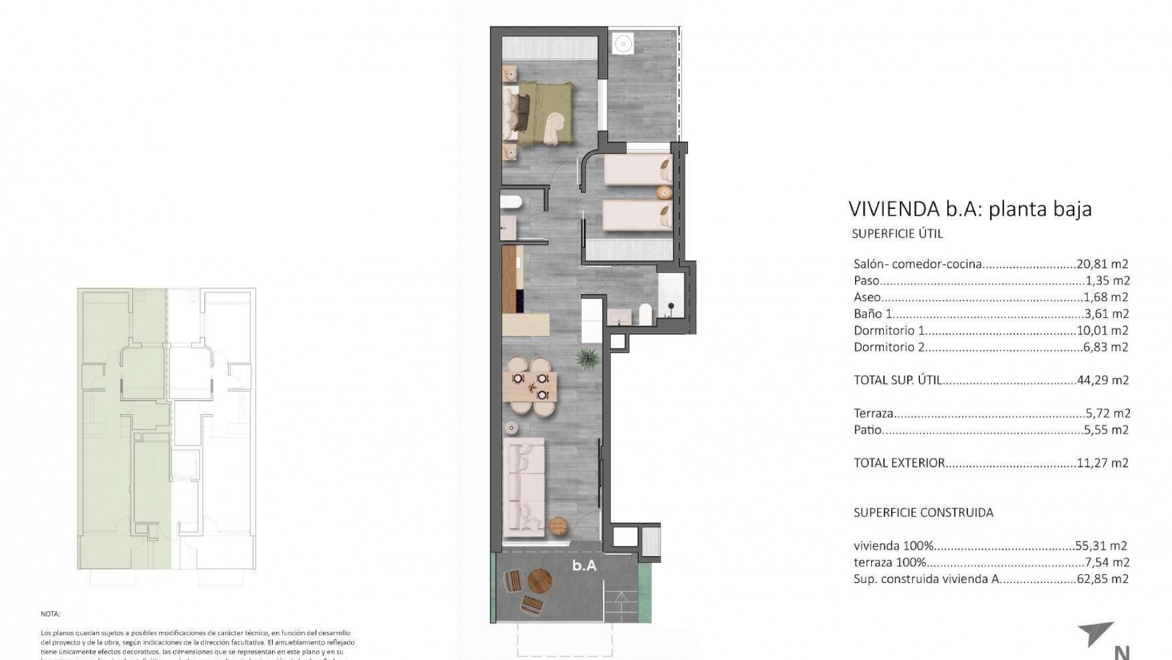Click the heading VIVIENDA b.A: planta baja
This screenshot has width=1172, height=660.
[x=969, y=210]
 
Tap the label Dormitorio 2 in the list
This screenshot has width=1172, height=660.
[x=889, y=347]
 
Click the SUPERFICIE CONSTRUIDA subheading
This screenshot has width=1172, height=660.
[x=923, y=513]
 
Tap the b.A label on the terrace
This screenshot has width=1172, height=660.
[x=584, y=566]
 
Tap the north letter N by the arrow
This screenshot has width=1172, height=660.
[x=1121, y=652]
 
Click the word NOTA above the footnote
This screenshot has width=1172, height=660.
[x=51, y=614]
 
